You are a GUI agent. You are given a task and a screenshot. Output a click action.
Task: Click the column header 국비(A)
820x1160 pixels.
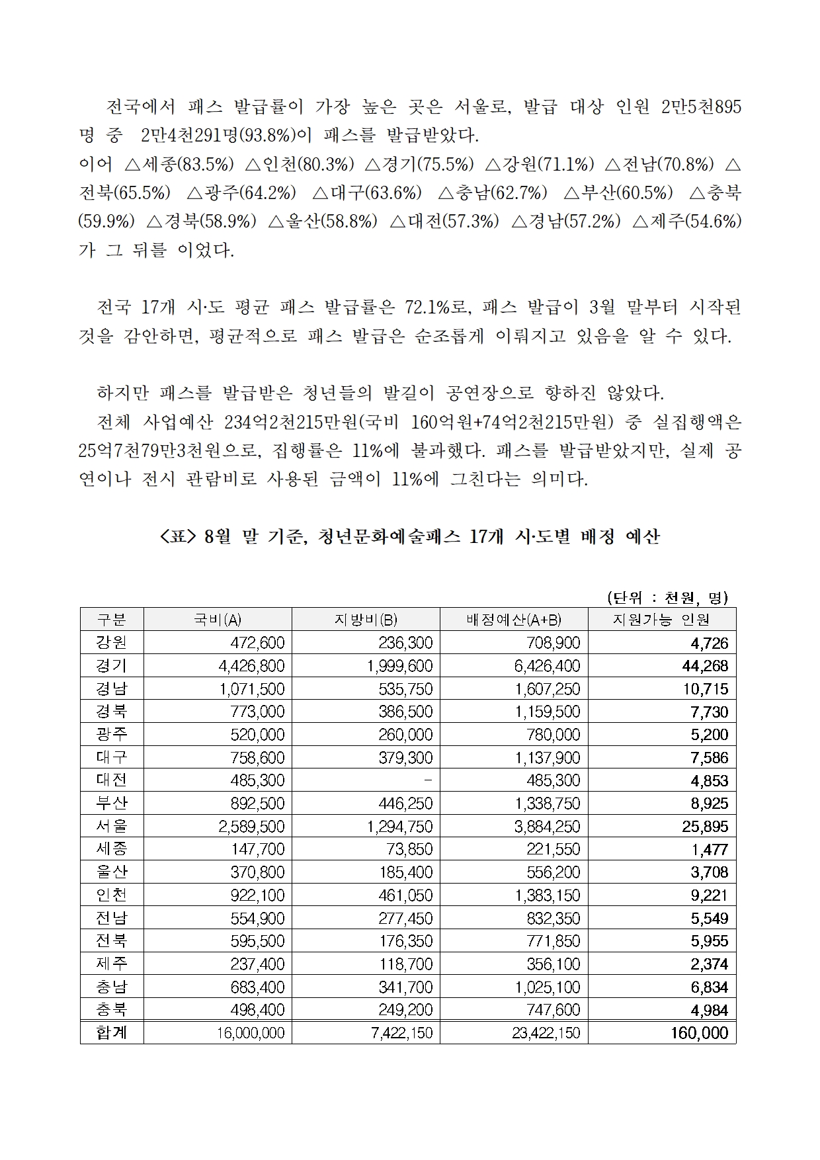(218, 619)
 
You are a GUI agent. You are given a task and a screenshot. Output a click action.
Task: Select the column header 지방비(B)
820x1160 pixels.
(366, 619)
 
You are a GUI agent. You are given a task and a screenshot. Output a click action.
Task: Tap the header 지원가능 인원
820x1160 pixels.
(661, 619)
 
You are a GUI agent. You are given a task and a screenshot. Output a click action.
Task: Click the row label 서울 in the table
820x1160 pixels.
(112, 825)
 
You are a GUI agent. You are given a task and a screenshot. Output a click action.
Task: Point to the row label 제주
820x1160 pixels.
(112, 964)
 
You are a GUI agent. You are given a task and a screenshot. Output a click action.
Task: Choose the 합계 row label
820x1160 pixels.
(112, 1032)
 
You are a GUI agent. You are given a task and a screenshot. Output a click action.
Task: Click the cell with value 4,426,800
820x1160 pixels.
(251, 665)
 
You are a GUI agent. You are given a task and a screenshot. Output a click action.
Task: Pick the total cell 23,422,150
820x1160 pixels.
(546, 1033)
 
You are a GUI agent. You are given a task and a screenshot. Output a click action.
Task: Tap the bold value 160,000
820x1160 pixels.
(699, 1033)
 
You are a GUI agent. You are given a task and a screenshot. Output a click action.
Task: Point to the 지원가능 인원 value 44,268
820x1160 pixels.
(705, 665)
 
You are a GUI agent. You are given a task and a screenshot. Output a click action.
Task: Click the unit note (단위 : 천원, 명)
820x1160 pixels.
(667, 598)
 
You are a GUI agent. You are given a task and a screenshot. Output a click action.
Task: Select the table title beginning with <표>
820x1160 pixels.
(409, 536)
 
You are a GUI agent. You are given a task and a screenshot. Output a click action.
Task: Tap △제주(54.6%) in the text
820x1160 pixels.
(687, 222)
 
